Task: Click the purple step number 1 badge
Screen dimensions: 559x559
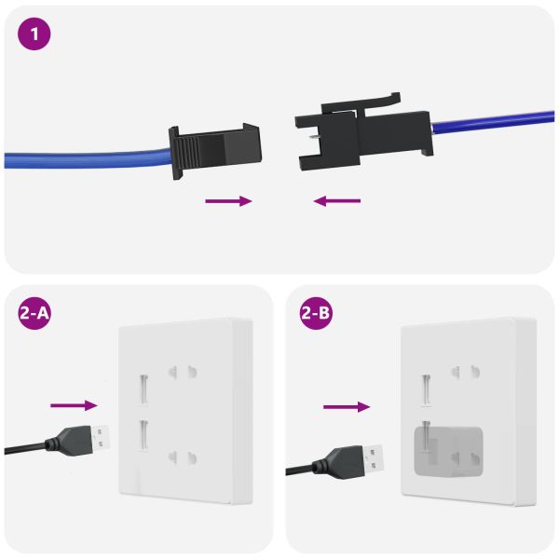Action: tap(35, 34)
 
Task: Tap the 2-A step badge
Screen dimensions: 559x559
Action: tap(35, 314)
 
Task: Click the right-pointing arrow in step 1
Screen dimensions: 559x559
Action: tap(229, 200)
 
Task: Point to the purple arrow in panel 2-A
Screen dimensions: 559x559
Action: tap(74, 404)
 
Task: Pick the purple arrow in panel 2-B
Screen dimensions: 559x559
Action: tap(347, 406)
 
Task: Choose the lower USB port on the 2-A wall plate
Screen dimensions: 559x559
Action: tap(144, 433)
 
